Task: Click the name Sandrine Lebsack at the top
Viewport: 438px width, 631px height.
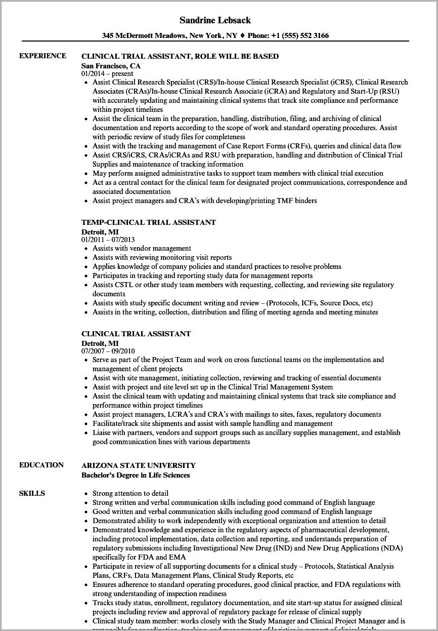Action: click(215, 20)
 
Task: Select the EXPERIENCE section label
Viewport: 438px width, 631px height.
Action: click(42, 56)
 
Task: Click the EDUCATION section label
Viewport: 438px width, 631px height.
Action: click(41, 465)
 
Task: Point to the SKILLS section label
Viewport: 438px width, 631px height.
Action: click(32, 493)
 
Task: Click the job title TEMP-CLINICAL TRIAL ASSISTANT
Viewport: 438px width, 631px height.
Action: click(149, 222)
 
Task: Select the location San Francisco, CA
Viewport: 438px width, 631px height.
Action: click(111, 66)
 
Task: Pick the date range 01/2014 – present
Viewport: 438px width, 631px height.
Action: click(107, 73)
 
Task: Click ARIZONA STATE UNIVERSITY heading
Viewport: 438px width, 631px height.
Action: click(139, 465)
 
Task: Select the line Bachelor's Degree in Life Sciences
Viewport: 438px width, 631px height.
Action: click(136, 475)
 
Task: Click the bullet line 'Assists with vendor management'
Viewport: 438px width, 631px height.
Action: click(142, 248)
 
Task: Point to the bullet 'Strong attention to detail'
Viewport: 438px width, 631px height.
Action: click(130, 493)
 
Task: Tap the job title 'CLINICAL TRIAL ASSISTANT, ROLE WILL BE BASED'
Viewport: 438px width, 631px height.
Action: click(180, 56)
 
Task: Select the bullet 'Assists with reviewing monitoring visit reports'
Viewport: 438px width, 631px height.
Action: click(162, 257)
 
